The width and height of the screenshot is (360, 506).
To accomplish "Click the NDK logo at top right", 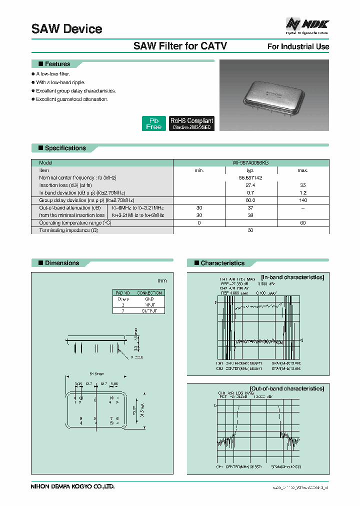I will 307,24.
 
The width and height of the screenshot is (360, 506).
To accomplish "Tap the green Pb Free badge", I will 153,123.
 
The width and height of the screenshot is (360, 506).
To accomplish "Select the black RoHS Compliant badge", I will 191,123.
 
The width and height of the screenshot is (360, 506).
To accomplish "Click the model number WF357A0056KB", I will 250,163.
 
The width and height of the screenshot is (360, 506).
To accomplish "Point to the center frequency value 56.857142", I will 250,178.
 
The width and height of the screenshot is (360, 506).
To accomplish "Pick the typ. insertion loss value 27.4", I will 250,185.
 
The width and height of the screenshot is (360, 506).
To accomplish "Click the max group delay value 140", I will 303,200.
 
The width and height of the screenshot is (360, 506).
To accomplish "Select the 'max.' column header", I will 303,170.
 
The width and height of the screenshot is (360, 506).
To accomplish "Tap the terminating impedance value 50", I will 250,230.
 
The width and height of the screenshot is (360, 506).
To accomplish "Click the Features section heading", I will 57,64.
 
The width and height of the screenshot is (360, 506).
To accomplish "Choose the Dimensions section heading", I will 62,263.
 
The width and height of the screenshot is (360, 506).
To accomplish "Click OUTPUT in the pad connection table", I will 149,310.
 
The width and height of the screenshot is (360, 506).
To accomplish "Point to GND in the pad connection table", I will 149,298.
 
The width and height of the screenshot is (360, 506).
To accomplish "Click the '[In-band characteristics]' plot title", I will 292,277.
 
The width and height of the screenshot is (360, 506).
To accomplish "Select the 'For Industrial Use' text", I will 298,46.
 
